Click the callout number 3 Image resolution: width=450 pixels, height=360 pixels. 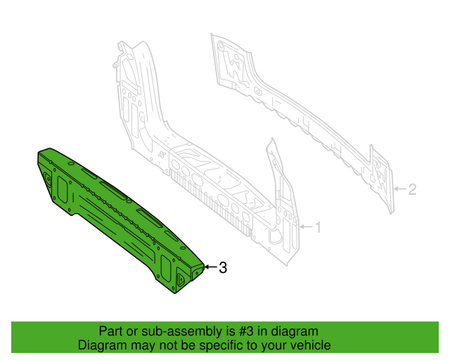click(223, 267)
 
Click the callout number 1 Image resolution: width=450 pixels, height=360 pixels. click(317, 227)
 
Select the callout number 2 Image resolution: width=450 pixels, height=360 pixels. click(413, 188)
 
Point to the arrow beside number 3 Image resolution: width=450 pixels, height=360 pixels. click(210, 267)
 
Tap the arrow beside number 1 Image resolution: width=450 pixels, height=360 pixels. click(305, 227)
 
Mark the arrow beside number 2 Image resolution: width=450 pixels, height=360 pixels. click(400, 188)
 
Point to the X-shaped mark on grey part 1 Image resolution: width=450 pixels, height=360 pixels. click(162, 155)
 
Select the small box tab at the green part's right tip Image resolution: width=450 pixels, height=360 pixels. click(198, 270)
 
